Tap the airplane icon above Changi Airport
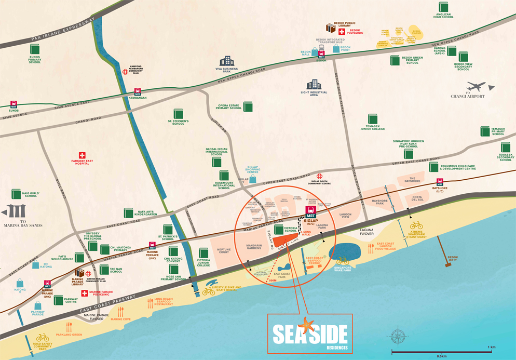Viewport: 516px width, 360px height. (x=476, y=87)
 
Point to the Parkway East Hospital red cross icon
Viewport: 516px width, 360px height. (x=82, y=155)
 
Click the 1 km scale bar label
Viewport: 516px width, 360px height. (x=488, y=347)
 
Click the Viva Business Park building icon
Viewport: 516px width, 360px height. (x=227, y=61)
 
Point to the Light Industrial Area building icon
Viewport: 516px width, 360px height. (x=314, y=84)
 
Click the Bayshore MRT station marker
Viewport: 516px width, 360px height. (x=440, y=182)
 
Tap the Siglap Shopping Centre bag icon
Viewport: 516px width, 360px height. (x=253, y=179)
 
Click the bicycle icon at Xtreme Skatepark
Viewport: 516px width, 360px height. (x=416, y=225)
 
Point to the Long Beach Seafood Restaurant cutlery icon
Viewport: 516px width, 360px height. (x=150, y=303)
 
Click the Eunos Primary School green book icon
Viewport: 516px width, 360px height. (x=35, y=49)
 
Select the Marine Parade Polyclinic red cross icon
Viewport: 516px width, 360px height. (x=85, y=294)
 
